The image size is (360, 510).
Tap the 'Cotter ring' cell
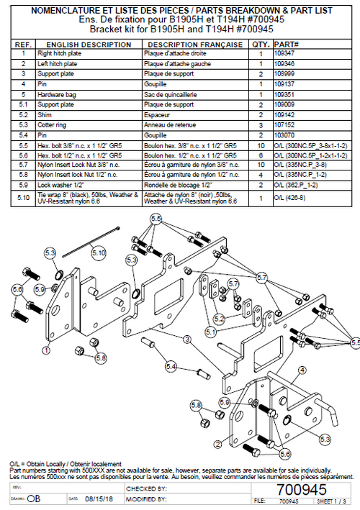[x=52, y=124]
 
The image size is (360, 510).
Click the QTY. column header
[x=259, y=44]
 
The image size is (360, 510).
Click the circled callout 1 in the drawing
[x=46, y=350]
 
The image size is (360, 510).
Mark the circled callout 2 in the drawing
[x=218, y=443]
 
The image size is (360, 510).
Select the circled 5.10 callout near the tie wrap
[x=99, y=253]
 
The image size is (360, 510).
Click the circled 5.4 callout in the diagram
[x=170, y=367]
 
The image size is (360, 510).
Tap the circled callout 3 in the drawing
[x=186, y=338]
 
